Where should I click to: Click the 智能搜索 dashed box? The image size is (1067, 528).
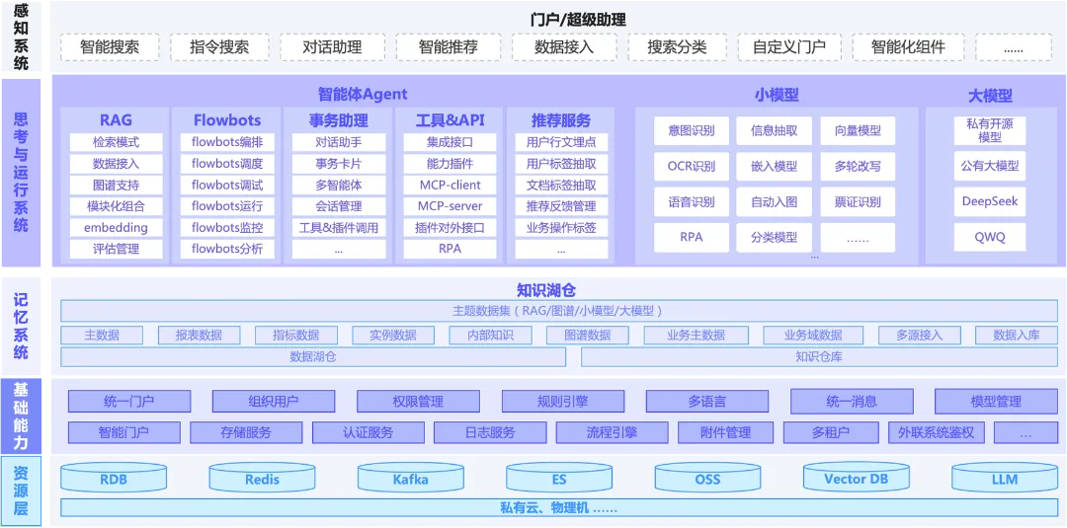click(110, 47)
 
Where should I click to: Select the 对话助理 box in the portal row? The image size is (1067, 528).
click(332, 47)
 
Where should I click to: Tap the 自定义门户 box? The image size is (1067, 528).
click(789, 47)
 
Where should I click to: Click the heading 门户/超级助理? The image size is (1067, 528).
click(578, 20)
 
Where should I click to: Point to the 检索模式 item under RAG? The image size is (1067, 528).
click(117, 143)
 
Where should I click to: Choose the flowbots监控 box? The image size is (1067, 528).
click(227, 228)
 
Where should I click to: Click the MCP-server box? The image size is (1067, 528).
click(450, 206)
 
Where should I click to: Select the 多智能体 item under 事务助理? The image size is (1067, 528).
click(339, 185)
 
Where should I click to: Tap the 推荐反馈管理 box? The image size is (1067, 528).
click(561, 206)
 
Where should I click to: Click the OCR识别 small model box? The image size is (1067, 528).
click(692, 166)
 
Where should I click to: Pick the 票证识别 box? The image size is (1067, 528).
click(858, 201)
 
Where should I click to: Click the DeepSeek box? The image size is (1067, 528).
click(989, 201)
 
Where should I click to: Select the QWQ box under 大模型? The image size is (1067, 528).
click(989, 238)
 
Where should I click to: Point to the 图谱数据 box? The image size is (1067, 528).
click(588, 335)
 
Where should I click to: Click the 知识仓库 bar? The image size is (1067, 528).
click(819, 356)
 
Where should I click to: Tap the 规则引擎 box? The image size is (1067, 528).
click(563, 402)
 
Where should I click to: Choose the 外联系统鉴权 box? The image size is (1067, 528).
click(937, 433)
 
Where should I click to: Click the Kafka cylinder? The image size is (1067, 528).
click(411, 479)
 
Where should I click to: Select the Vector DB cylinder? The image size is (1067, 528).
click(856, 479)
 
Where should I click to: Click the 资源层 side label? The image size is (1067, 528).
click(21, 490)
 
